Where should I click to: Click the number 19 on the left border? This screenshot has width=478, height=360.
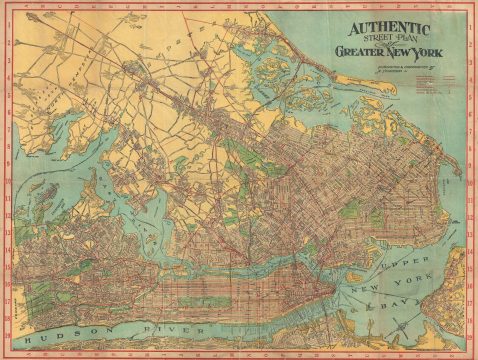click(x=7, y=339)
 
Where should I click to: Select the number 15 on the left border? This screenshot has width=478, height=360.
click(x=7, y=268)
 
